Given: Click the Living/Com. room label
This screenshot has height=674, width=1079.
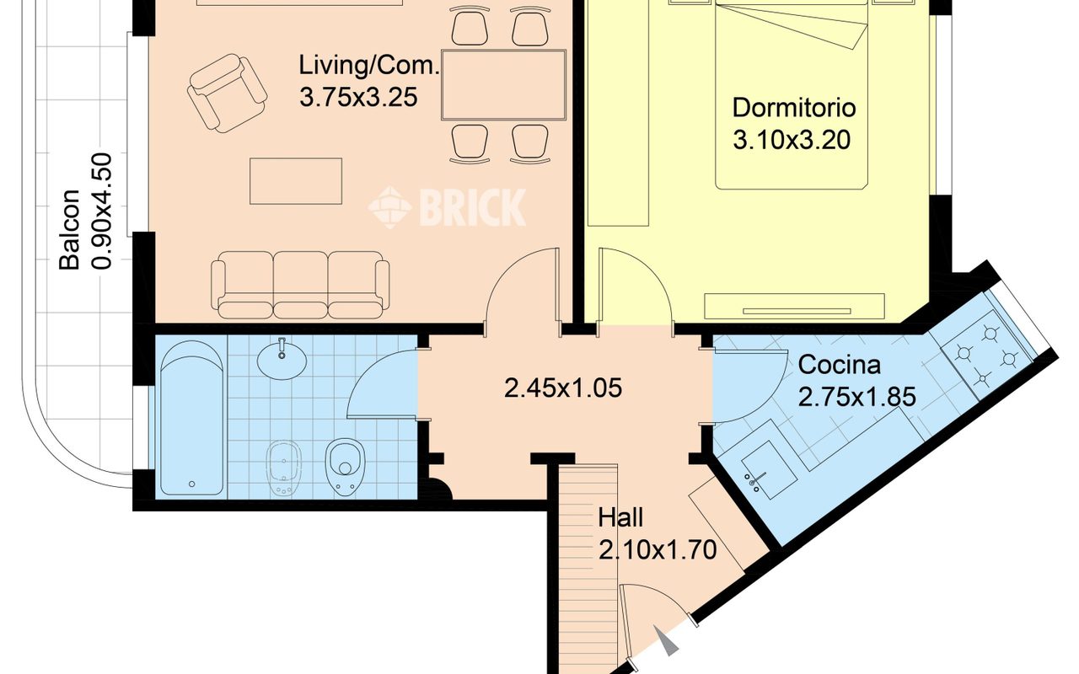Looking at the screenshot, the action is click(369, 66).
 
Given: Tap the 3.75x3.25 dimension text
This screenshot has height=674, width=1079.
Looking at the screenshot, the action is click(358, 97).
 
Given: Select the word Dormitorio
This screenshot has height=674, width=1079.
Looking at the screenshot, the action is click(794, 108).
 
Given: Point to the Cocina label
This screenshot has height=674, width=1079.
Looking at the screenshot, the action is click(839, 365).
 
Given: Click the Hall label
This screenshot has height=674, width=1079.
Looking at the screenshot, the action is click(620, 518).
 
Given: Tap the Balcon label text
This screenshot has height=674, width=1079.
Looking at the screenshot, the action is click(69, 229).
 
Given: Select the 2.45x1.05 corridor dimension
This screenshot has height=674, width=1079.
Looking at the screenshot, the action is click(563, 388).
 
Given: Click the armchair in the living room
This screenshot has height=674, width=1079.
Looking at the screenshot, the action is click(227, 93).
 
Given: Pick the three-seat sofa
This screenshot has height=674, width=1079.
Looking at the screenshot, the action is click(301, 285).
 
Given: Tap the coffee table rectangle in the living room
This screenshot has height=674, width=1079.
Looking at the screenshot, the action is click(296, 181).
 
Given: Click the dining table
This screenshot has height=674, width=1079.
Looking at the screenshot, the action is click(503, 85).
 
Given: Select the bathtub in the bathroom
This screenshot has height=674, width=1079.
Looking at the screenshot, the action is click(192, 417).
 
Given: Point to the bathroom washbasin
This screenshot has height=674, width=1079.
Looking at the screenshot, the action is click(282, 359).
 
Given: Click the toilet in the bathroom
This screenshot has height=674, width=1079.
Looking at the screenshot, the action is click(345, 466).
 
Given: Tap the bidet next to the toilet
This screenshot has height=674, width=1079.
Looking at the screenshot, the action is click(284, 468).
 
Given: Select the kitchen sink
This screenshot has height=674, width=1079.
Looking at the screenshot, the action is click(770, 470).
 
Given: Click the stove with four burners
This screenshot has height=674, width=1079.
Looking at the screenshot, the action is click(986, 356).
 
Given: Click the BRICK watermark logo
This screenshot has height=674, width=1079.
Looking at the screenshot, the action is click(447, 207).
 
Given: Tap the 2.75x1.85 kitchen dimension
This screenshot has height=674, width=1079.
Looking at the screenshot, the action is click(857, 398).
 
